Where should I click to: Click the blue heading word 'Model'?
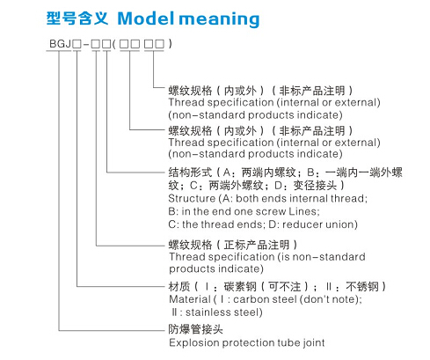click(147, 18)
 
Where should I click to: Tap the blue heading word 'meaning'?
click(219, 19)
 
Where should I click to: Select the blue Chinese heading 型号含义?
click(77, 18)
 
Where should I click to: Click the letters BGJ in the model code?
click(60, 44)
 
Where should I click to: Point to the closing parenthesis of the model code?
click(171, 44)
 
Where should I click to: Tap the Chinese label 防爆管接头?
click(195, 329)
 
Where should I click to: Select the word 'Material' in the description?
click(190, 299)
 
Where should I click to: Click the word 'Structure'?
click(192, 198)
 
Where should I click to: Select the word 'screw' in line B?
click(272, 211)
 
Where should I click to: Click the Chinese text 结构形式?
click(190, 173)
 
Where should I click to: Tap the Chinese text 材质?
click(179, 287)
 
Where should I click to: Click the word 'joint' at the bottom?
click(314, 342)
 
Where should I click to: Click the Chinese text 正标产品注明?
click(257, 245)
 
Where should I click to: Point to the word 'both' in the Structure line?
click(248, 198)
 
